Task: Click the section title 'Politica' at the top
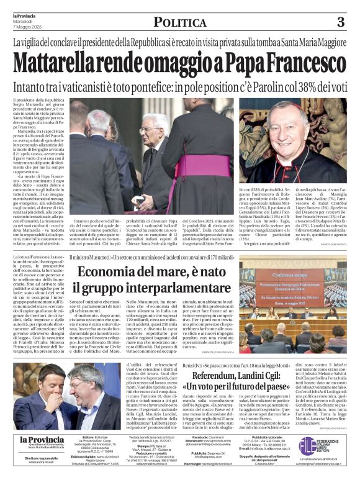(x=180, y=23)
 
